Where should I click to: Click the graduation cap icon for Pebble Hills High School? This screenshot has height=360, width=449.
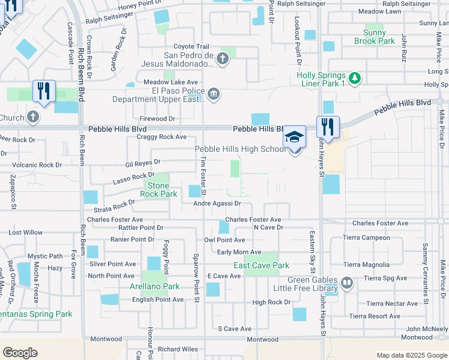pos(294,137)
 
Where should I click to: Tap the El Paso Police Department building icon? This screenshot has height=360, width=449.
pos(213,94)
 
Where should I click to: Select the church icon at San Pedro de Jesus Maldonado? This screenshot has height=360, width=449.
pos(223,59)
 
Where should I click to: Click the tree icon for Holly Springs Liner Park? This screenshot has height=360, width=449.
pos(355,77)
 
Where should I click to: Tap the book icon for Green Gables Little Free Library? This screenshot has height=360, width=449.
pos(346,283)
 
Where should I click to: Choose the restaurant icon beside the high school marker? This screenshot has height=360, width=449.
pos(328,127)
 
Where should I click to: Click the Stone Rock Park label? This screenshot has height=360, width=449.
pos(158,190)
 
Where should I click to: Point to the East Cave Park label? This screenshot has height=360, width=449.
pos(261,265)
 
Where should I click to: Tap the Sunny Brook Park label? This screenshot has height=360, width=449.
pos(379,37)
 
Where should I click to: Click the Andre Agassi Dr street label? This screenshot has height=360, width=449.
pos(217,204)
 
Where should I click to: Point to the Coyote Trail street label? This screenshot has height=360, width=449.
pos(191,47)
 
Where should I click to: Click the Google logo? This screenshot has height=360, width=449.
pos(20,353)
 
